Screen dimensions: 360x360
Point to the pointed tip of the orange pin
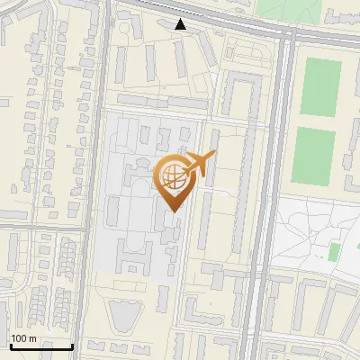click(175, 211)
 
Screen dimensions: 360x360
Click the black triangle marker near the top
click(181, 24)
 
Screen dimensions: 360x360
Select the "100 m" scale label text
click(23, 338)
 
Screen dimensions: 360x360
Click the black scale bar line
click(40, 346)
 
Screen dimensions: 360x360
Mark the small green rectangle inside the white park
click(335, 251)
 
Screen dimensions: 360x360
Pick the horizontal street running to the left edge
click(45, 227)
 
